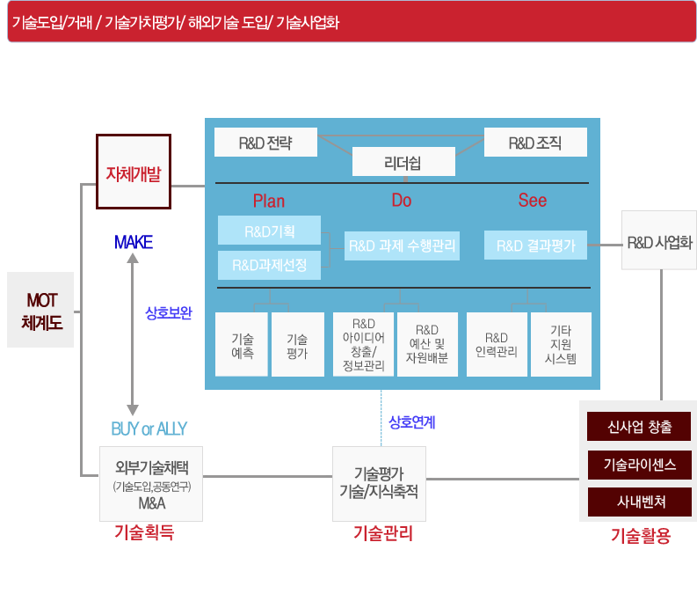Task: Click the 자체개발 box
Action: (x=133, y=172)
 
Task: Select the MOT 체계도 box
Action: (x=40, y=310)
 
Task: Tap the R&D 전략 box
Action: (x=265, y=143)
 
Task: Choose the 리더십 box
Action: (x=403, y=162)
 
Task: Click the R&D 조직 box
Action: (x=535, y=143)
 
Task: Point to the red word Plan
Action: (x=269, y=201)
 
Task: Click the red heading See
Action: (x=533, y=201)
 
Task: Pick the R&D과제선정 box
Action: (x=269, y=265)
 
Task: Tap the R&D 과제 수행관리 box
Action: (x=403, y=246)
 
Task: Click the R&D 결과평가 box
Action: (x=535, y=246)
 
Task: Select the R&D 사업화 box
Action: (x=659, y=240)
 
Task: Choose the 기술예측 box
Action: (x=242, y=345)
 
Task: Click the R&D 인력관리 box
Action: (x=497, y=345)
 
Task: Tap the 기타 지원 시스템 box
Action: (x=561, y=345)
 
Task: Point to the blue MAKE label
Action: (x=134, y=242)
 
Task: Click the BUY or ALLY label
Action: (x=149, y=429)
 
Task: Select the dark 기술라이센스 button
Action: (x=639, y=465)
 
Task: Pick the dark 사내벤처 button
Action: (x=639, y=502)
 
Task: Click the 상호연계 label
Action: (x=412, y=422)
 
